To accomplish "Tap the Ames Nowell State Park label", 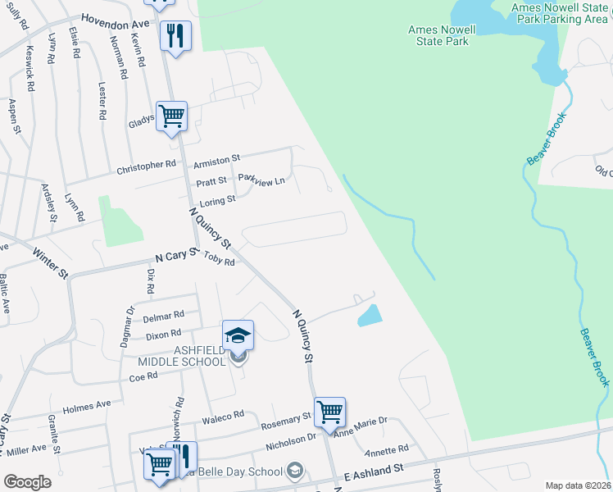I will pos(442,34).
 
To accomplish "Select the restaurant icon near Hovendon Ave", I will pos(175,36).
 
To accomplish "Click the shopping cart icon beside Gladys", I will pos(172,116).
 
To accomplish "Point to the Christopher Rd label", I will pos(147,166).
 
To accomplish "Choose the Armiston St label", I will pos(217,159).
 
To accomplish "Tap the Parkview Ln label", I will pos(261,179).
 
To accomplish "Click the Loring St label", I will pos(218,199).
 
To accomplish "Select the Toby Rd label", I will pos(219,261).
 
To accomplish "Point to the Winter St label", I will pos(50,263).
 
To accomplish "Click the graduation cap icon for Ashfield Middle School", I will pos(238,335).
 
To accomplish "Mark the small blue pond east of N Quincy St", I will pos(370,315).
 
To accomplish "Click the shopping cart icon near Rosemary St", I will pos(329,412).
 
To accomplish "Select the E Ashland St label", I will pos(375,471).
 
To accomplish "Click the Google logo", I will pos(27,482).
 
